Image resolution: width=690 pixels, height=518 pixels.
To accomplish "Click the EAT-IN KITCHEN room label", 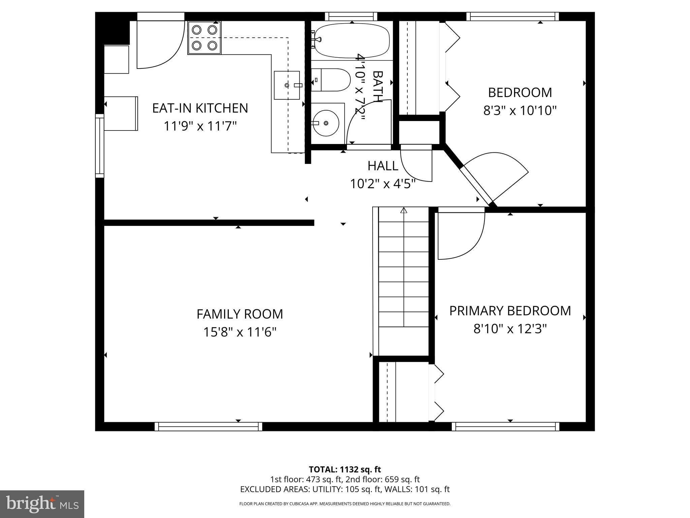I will pos(200,108).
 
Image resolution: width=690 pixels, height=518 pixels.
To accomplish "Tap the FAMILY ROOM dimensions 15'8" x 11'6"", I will pos(240,332).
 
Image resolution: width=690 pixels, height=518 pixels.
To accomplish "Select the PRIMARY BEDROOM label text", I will pos(510,311).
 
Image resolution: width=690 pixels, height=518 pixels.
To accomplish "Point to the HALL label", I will pos(383,166).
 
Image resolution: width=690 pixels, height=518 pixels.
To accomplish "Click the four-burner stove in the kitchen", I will pos(204,37).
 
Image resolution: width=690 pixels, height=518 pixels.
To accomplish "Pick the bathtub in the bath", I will pos(352,40).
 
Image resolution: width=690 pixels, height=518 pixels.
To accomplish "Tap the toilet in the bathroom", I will pos(330,80).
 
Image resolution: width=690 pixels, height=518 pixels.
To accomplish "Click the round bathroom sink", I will pos(325,123).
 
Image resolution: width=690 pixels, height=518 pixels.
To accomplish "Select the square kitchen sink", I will pos(287,85).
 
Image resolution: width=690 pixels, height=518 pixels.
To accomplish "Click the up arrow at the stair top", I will pos(404,211).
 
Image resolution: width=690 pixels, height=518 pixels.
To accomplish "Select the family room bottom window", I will pos(208,427).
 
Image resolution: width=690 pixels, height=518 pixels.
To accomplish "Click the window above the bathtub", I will pos(351,16).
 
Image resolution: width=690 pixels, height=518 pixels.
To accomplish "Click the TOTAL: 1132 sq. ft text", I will pos(345,469).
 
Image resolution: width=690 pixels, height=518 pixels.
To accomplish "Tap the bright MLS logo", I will pos(42,504).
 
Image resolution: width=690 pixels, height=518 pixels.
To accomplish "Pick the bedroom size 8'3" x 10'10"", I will pos(520,110).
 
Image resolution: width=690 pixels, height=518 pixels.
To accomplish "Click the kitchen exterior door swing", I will pos(160,46).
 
